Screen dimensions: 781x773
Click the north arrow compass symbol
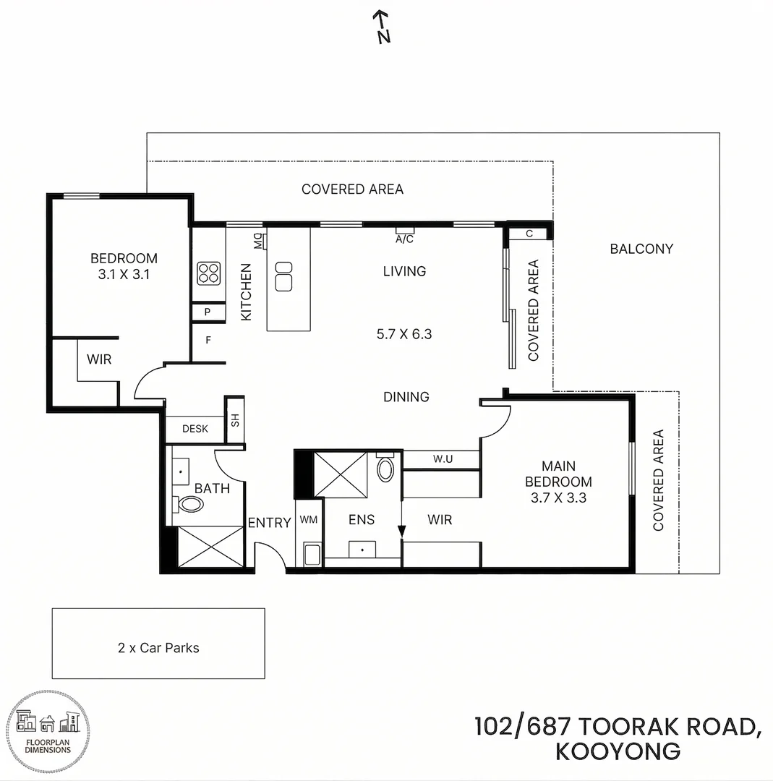click(x=382, y=27)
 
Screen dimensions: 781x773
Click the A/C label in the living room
click(x=404, y=238)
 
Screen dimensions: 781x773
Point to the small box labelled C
click(x=529, y=234)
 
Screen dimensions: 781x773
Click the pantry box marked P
click(x=208, y=313)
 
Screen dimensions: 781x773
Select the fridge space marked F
click(x=208, y=338)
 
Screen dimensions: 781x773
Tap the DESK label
click(x=195, y=429)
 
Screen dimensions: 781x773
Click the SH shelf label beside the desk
click(x=234, y=420)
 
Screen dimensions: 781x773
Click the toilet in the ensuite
click(x=386, y=469)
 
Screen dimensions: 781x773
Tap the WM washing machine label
click(x=309, y=519)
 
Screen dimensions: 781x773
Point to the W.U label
click(x=443, y=458)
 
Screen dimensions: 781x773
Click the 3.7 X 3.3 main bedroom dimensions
click(x=558, y=498)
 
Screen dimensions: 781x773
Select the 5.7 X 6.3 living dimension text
click(x=404, y=334)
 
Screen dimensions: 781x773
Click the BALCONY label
click(x=641, y=249)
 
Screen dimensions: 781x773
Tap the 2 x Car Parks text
click(x=158, y=648)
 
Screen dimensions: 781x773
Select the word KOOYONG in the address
click(x=618, y=751)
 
